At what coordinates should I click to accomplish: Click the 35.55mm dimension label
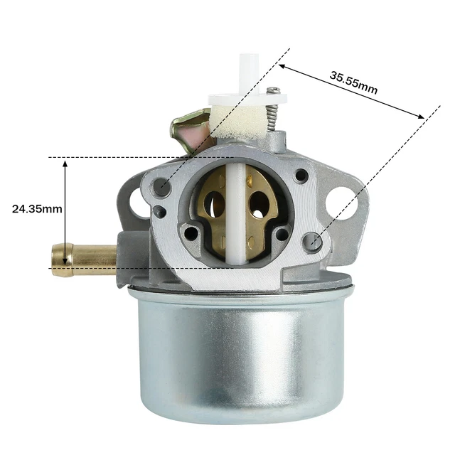point(353,83)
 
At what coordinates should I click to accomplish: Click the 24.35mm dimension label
point(37,208)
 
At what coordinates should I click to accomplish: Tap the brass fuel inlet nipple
point(84,259)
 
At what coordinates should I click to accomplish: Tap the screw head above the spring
point(273,91)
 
